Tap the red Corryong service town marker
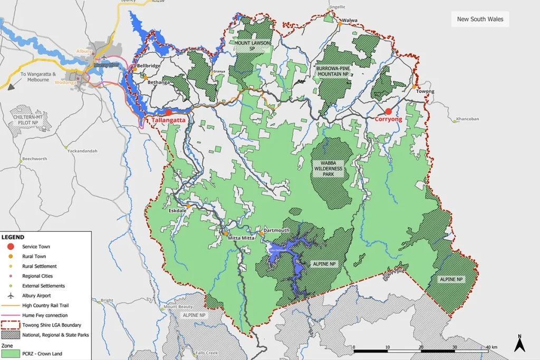pos(388,111)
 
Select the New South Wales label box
pos(480,20)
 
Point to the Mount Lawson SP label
pos(252,45)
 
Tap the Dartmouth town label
pos(276,230)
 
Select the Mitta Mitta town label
pos(241,238)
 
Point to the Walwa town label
pos(350,21)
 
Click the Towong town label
pos(425,91)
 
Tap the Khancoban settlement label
pos(467,119)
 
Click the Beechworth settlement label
pos(34,159)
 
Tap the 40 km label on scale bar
pos(491,347)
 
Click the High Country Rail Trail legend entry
pos(46,305)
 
